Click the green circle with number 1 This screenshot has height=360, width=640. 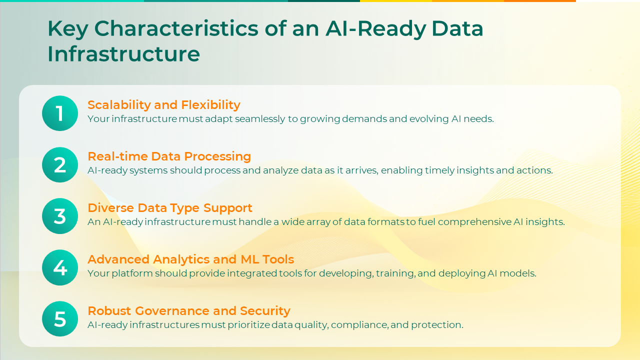point(60,113)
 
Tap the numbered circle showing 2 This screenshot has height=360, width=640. point(60,165)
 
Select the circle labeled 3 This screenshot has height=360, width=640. point(60,216)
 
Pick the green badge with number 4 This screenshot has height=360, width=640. point(60,268)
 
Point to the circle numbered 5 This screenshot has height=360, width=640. point(60,319)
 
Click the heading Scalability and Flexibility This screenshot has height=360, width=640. point(164,105)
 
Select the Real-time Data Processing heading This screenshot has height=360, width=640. point(169,156)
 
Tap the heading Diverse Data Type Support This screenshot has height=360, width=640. point(170,208)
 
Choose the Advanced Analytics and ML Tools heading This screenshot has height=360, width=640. point(190,259)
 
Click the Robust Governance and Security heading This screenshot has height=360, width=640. point(189,311)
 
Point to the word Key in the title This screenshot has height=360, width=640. point(67,29)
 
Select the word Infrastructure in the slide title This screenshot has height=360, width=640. point(123,54)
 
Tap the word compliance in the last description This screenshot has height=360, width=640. point(359,325)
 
